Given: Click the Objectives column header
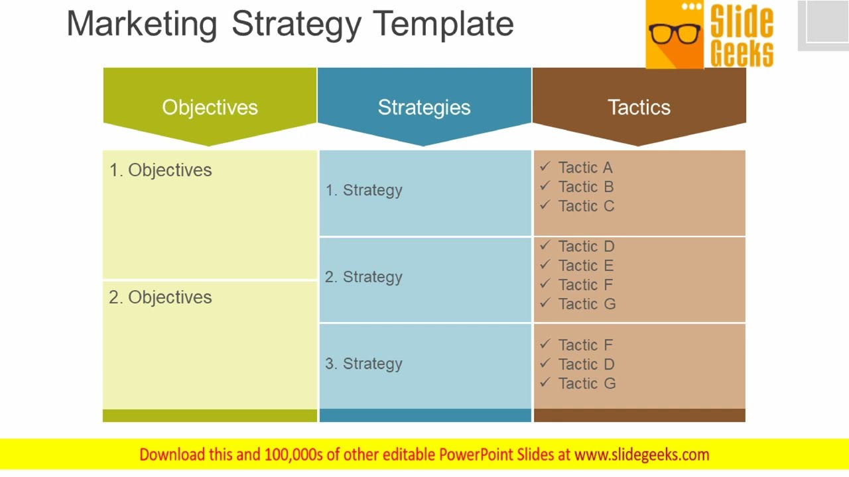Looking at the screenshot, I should click(210, 107).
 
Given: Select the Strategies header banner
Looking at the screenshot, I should click(424, 107).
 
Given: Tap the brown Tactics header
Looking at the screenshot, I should click(639, 107).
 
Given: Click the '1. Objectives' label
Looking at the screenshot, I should click(161, 170).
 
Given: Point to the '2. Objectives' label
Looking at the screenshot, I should click(161, 297).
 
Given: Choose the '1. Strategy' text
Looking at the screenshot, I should click(364, 190).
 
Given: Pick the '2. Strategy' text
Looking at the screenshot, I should click(364, 277).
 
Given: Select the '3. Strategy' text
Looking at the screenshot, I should click(364, 364).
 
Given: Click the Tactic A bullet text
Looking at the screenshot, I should click(585, 168).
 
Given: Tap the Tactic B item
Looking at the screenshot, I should click(586, 187).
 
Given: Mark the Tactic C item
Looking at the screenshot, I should click(586, 206).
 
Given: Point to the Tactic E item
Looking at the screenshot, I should click(586, 266).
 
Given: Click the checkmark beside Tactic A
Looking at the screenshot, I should click(545, 167).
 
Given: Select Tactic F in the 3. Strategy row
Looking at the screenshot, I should click(586, 345).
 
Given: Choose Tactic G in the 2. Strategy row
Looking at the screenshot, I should click(587, 304).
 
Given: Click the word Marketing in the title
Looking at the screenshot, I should click(142, 24).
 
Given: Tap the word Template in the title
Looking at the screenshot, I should click(443, 24).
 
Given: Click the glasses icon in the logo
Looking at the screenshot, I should click(675, 33).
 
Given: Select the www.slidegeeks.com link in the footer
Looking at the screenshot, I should click(641, 454).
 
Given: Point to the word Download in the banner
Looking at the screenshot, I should click(172, 454).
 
